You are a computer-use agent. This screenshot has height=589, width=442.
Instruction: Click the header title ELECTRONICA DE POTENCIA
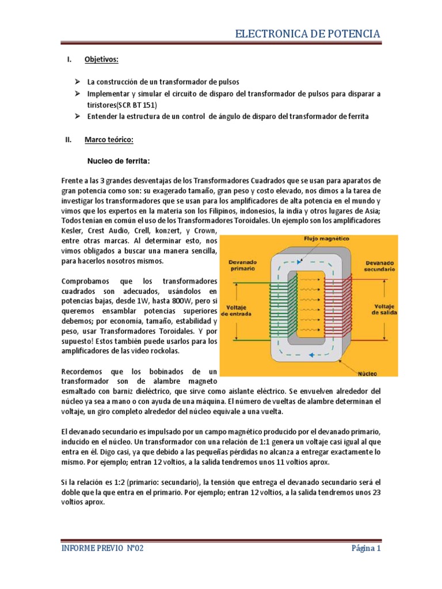click(x=308, y=34)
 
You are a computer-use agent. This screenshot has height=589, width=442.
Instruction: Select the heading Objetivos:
click(x=101, y=60)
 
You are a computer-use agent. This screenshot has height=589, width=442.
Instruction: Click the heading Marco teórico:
click(x=109, y=140)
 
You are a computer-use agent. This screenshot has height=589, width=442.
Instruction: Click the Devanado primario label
click(x=243, y=264)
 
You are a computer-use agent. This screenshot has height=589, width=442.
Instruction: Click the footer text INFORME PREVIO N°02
click(x=102, y=548)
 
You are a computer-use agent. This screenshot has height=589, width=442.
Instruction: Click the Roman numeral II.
click(x=66, y=140)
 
